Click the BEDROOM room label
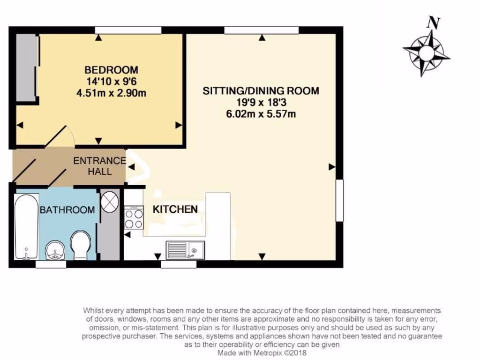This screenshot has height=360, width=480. click(x=111, y=70)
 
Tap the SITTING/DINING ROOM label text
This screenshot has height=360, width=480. click(x=261, y=90)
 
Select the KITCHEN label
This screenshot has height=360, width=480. click(x=175, y=209)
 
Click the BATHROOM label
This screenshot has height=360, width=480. click(x=67, y=210)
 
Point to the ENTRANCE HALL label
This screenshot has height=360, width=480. click(x=99, y=166)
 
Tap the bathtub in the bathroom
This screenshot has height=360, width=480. click(x=26, y=227)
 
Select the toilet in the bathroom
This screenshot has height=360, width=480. click(x=81, y=244)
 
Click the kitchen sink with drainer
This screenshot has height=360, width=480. click(x=185, y=250)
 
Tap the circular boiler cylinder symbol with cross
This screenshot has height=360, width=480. click(x=110, y=202)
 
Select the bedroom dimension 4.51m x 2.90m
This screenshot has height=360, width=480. click(x=111, y=93)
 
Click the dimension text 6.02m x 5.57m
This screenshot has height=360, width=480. click(x=261, y=113)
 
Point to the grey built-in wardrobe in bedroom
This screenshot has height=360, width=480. click(x=26, y=67)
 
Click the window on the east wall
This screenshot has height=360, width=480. click(x=340, y=200)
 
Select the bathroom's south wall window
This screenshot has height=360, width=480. click(x=51, y=264)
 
